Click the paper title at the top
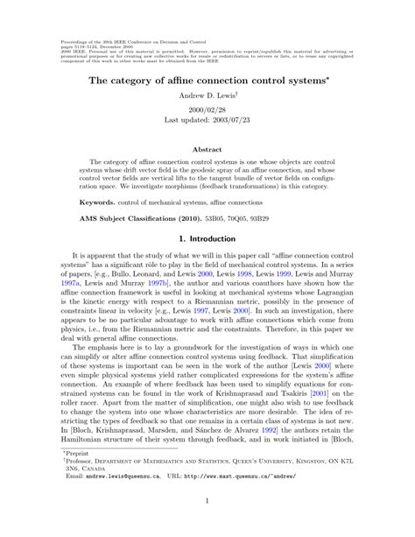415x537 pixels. point(207,78)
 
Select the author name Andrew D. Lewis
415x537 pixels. point(207,95)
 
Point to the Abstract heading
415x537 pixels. point(207,150)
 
